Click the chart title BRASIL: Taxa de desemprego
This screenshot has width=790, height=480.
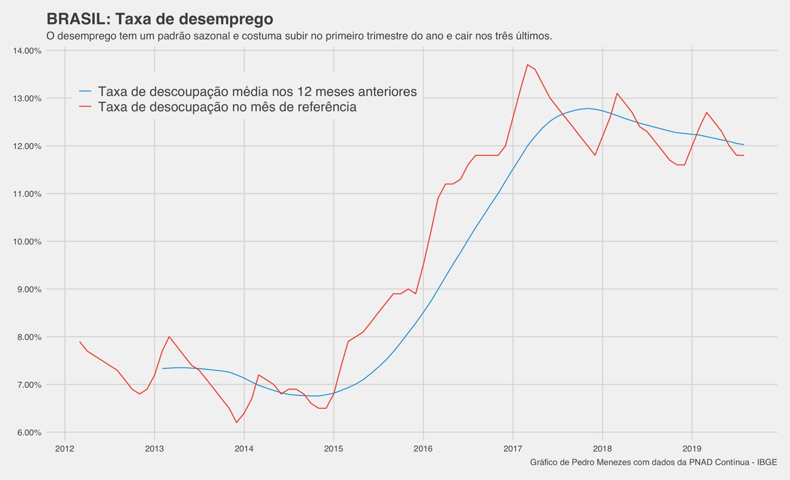click(159, 19)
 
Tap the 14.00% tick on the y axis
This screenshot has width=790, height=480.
click(27, 50)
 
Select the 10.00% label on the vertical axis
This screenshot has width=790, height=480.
click(27, 242)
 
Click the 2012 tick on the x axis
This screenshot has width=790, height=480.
click(64, 449)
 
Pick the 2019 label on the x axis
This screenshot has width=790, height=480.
click(692, 449)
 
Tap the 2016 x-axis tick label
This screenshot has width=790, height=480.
click(423, 449)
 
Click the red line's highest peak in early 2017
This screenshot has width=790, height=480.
click(527, 64)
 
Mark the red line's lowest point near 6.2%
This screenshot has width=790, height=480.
click(237, 422)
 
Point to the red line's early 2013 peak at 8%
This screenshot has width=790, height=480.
click(169, 336)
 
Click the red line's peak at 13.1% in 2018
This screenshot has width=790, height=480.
click(617, 93)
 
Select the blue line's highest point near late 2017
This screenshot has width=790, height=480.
click(587, 108)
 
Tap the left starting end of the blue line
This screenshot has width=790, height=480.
click(162, 369)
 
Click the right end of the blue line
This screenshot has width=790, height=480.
click(743, 145)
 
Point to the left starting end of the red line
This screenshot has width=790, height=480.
click(80, 341)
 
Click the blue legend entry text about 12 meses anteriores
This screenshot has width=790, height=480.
click(257, 91)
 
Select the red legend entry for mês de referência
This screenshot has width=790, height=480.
click(227, 107)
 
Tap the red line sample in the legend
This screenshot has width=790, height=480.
click(85, 107)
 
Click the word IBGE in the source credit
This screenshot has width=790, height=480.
click(767, 462)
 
